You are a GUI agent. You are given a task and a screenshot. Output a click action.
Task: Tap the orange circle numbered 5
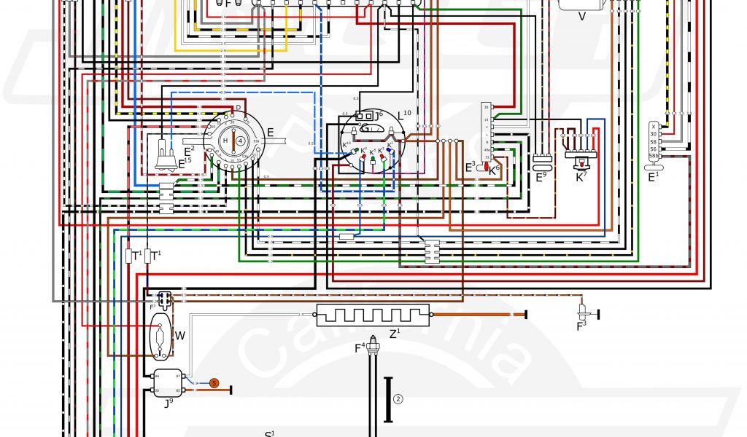tap(214, 382)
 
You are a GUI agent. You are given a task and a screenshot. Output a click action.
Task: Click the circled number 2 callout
tap(398, 398)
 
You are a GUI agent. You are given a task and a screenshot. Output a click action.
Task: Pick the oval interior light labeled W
tap(160, 336)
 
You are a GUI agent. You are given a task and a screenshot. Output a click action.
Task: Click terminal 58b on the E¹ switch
tap(654, 156)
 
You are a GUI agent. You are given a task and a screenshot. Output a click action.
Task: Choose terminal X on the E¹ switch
tap(654, 126)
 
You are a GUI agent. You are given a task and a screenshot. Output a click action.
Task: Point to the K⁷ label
tap(581, 176)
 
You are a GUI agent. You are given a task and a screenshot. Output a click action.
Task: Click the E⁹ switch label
tap(541, 176)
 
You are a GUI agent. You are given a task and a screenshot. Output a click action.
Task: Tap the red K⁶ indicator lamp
tap(486, 168)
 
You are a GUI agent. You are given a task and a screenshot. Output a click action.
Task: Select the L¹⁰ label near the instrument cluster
tap(405, 114)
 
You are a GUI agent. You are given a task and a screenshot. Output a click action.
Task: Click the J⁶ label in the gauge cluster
tap(379, 115)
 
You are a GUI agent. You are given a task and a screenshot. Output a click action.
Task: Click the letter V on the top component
tap(582, 15)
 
